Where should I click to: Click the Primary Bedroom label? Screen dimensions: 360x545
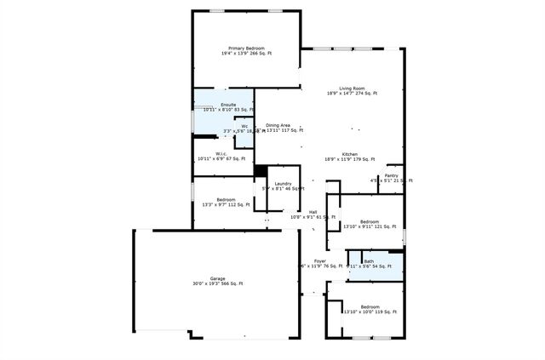(247, 49)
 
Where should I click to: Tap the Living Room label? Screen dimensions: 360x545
(352, 89)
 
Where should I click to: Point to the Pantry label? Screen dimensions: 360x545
(391, 175)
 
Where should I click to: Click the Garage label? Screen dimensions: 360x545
(218, 278)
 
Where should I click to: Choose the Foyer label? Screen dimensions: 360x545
(319, 260)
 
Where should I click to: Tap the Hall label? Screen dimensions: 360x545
(313, 212)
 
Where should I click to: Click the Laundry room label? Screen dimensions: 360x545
(284, 184)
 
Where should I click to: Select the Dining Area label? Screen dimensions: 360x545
(278, 125)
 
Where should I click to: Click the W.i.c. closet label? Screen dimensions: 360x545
(220, 153)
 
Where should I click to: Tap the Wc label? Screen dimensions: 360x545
(244, 126)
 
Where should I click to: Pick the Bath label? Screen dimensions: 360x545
(369, 261)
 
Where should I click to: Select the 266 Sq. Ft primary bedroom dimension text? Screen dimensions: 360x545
(247, 54)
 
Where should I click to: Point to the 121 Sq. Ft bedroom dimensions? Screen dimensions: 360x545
(370, 226)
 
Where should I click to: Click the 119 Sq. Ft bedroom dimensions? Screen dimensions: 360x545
(370, 312)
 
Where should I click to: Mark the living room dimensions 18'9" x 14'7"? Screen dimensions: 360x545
(352, 94)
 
